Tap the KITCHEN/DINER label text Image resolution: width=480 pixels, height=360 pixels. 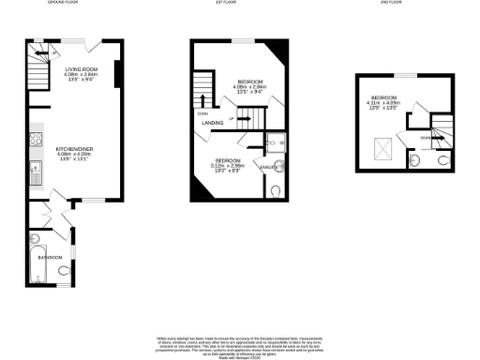(74, 149)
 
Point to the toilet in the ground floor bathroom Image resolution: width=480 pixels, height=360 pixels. (63, 271)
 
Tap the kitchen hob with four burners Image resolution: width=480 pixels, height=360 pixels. (36, 142)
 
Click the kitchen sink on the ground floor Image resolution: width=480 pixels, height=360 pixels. (35, 172)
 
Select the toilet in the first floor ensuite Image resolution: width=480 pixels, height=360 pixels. (273, 190)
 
